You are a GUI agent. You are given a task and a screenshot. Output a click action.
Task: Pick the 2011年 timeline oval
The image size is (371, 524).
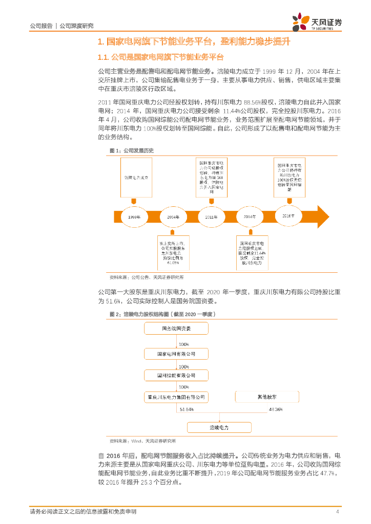click(x=211, y=217)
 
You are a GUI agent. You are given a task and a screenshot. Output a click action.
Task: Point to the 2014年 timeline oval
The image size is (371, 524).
click(x=250, y=217)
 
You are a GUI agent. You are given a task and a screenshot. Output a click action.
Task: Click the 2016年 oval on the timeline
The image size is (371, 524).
click(x=288, y=216)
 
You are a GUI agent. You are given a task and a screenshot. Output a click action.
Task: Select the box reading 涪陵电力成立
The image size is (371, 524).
click(x=137, y=177)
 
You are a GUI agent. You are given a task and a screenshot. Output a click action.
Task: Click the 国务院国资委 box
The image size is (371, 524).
click(x=176, y=328)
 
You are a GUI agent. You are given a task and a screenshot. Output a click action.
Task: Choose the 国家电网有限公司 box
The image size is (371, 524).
click(x=176, y=354)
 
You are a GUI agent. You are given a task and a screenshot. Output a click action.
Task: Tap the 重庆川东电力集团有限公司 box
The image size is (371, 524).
click(x=176, y=397)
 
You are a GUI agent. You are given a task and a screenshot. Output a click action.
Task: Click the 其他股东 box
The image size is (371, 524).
click(x=266, y=397)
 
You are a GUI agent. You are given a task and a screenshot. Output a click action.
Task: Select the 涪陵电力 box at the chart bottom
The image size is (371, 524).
click(x=219, y=427)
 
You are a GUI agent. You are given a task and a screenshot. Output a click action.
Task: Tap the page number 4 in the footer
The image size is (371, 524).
click(x=337, y=512)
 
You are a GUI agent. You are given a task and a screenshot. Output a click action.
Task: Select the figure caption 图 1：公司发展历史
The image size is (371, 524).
click(x=132, y=150)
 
